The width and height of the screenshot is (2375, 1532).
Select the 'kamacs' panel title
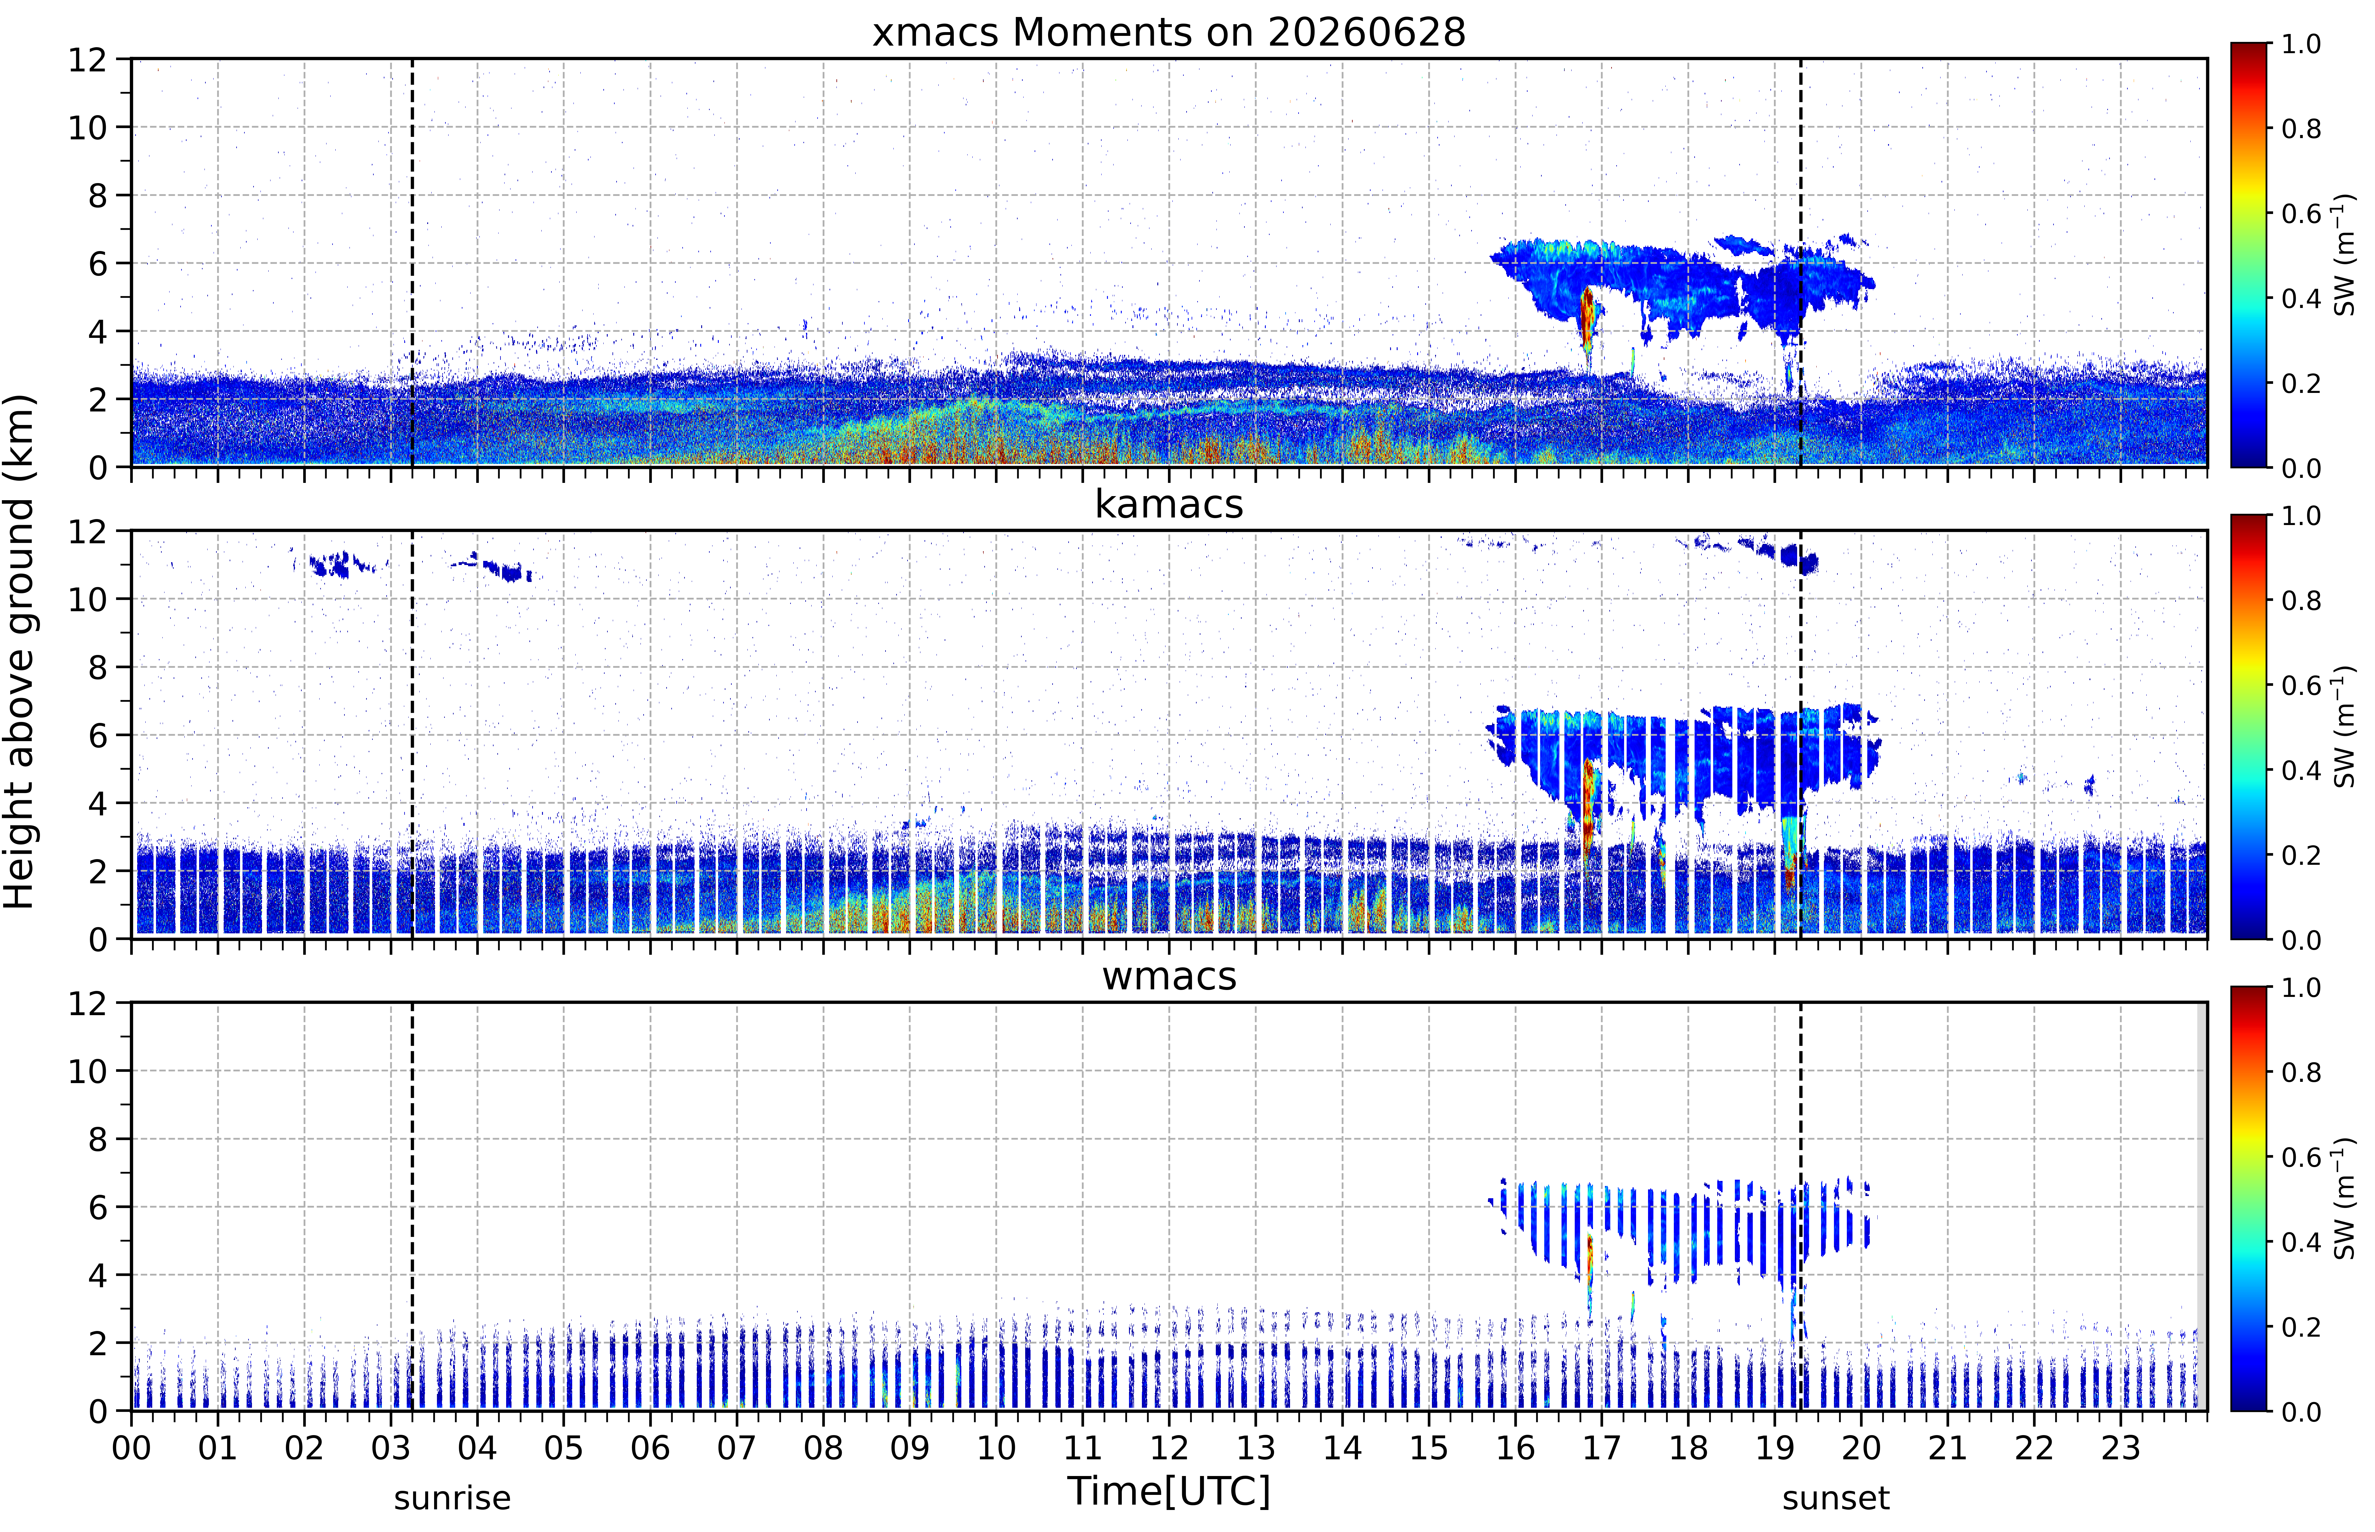click(1169, 504)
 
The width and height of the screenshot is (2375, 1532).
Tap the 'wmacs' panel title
click(1169, 976)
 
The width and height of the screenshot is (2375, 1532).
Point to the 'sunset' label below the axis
click(1835, 1498)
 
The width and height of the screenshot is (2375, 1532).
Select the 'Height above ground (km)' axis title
click(20, 651)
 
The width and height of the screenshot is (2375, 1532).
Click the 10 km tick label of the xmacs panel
click(87, 127)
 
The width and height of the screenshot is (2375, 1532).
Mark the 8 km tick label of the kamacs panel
click(98, 668)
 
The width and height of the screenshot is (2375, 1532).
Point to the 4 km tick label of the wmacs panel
click(98, 1275)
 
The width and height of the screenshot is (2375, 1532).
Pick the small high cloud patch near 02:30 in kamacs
click(338, 565)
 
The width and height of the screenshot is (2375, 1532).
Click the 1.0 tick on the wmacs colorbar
click(2300, 988)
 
